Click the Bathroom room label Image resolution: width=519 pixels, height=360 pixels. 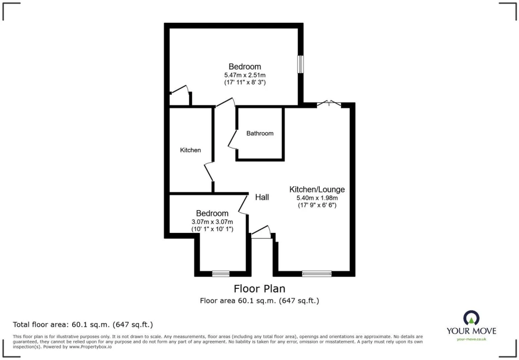(x=260, y=133)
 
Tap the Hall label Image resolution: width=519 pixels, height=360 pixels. (x=262, y=197)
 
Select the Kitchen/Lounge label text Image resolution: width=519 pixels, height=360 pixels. (x=317, y=189)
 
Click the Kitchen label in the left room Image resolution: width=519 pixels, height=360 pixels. (x=190, y=150)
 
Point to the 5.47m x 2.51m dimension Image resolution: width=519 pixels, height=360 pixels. (x=245, y=75)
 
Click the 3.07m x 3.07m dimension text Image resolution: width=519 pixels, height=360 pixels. (x=212, y=221)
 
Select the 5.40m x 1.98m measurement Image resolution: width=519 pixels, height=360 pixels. (x=317, y=198)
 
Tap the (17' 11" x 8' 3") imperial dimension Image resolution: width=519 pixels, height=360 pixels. (x=245, y=82)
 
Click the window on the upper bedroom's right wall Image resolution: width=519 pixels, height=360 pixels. (x=301, y=64)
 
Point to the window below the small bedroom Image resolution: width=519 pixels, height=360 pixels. (x=221, y=274)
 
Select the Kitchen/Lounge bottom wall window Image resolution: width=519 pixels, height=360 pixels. (x=317, y=274)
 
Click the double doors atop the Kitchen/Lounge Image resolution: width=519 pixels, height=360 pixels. (x=329, y=104)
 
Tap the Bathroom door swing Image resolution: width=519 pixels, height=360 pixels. (x=233, y=140)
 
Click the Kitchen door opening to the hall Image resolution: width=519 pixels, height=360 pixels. (x=209, y=172)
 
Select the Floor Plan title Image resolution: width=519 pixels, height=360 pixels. (x=259, y=289)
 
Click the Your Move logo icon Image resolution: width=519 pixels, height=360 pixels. (x=471, y=317)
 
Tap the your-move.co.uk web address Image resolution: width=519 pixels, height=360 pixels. (x=471, y=339)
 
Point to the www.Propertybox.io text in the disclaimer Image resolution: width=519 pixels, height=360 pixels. (x=90, y=347)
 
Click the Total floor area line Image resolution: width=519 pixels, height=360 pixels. (x=83, y=325)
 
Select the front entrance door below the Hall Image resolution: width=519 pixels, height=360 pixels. (x=261, y=232)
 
